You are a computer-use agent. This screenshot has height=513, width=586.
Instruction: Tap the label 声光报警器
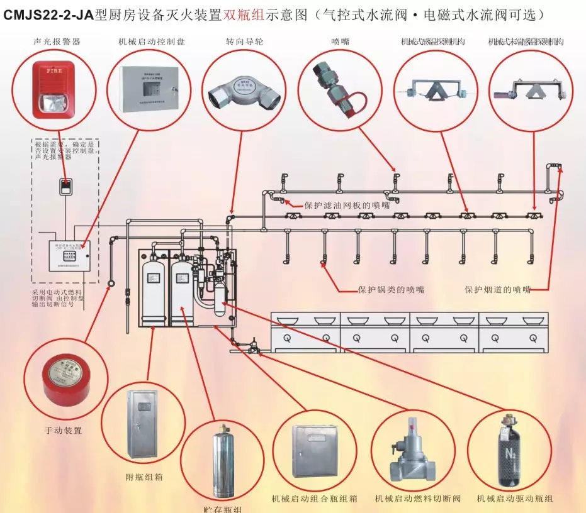tap(57, 42)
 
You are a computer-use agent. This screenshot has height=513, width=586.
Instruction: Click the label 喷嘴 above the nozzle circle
tap(341, 42)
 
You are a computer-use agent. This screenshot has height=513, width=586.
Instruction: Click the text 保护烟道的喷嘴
tap(498, 290)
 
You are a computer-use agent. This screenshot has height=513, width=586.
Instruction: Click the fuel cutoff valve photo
tap(413, 449)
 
